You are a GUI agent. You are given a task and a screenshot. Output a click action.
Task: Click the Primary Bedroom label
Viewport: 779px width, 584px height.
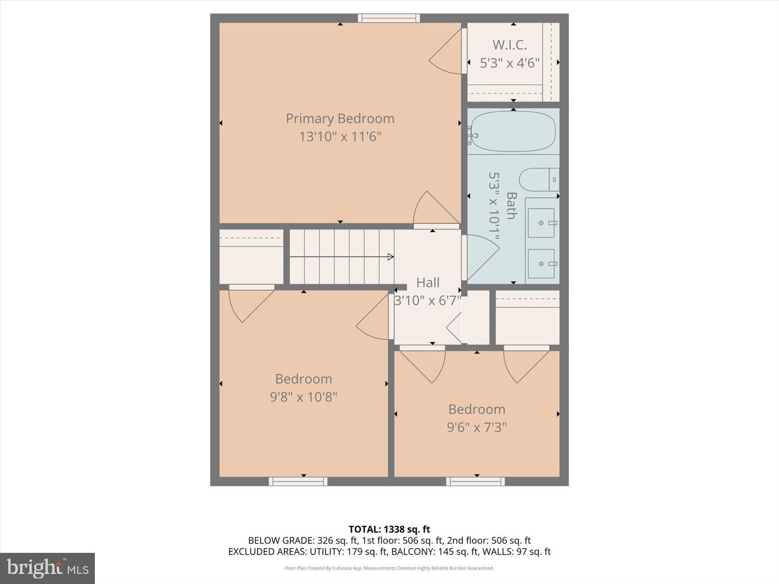pos(340,119)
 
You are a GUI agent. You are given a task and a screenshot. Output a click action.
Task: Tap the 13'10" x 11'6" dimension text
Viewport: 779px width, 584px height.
pos(340,136)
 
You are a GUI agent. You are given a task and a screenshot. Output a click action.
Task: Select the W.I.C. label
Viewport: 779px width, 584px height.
pos(510,45)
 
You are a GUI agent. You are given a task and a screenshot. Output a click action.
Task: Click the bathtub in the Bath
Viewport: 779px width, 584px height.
pos(513,131)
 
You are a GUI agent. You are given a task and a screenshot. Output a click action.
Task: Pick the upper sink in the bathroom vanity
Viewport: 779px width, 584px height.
pos(541,223)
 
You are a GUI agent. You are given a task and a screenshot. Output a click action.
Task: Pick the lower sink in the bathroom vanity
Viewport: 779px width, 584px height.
pos(541,264)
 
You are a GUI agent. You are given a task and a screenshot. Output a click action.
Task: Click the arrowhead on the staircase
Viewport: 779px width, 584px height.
pos(390,257)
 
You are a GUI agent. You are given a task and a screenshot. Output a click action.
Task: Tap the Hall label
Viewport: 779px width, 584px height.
pos(428,283)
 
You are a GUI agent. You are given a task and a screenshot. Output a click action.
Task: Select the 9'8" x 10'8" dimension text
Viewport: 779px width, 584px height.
pos(303,397)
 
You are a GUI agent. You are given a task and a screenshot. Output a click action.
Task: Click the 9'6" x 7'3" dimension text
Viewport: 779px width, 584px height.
pos(477,427)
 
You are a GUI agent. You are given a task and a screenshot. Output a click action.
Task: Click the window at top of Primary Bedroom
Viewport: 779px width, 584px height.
pos(389,18)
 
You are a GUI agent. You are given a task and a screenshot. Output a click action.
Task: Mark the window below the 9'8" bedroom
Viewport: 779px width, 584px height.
pos(298,481)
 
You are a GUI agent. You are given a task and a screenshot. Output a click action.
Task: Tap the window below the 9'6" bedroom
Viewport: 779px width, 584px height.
pos(475,481)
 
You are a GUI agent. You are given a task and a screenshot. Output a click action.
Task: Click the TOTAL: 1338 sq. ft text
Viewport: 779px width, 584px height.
pos(389,529)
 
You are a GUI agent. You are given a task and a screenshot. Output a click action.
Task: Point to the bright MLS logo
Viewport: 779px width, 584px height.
pos(48,568)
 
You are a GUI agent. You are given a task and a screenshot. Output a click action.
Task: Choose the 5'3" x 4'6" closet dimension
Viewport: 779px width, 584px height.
pos(510,63)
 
